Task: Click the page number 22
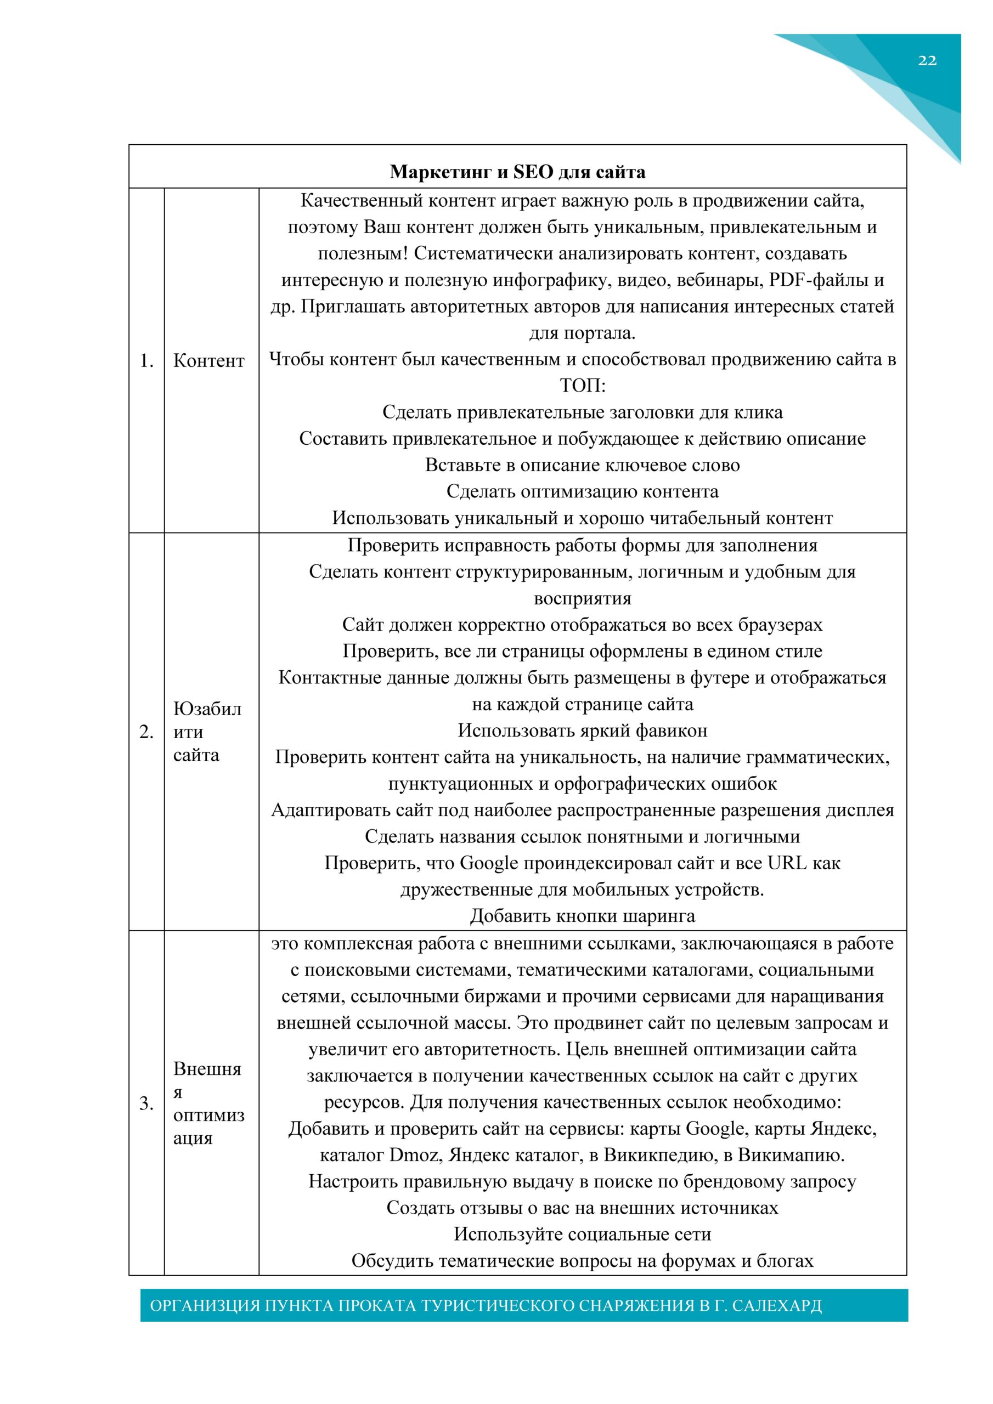point(927,60)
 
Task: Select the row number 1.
point(146,361)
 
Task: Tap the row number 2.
point(146,732)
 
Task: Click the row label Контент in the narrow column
point(208,361)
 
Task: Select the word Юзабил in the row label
point(207,709)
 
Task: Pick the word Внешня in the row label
point(207,1068)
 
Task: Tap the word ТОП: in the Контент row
point(583,386)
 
